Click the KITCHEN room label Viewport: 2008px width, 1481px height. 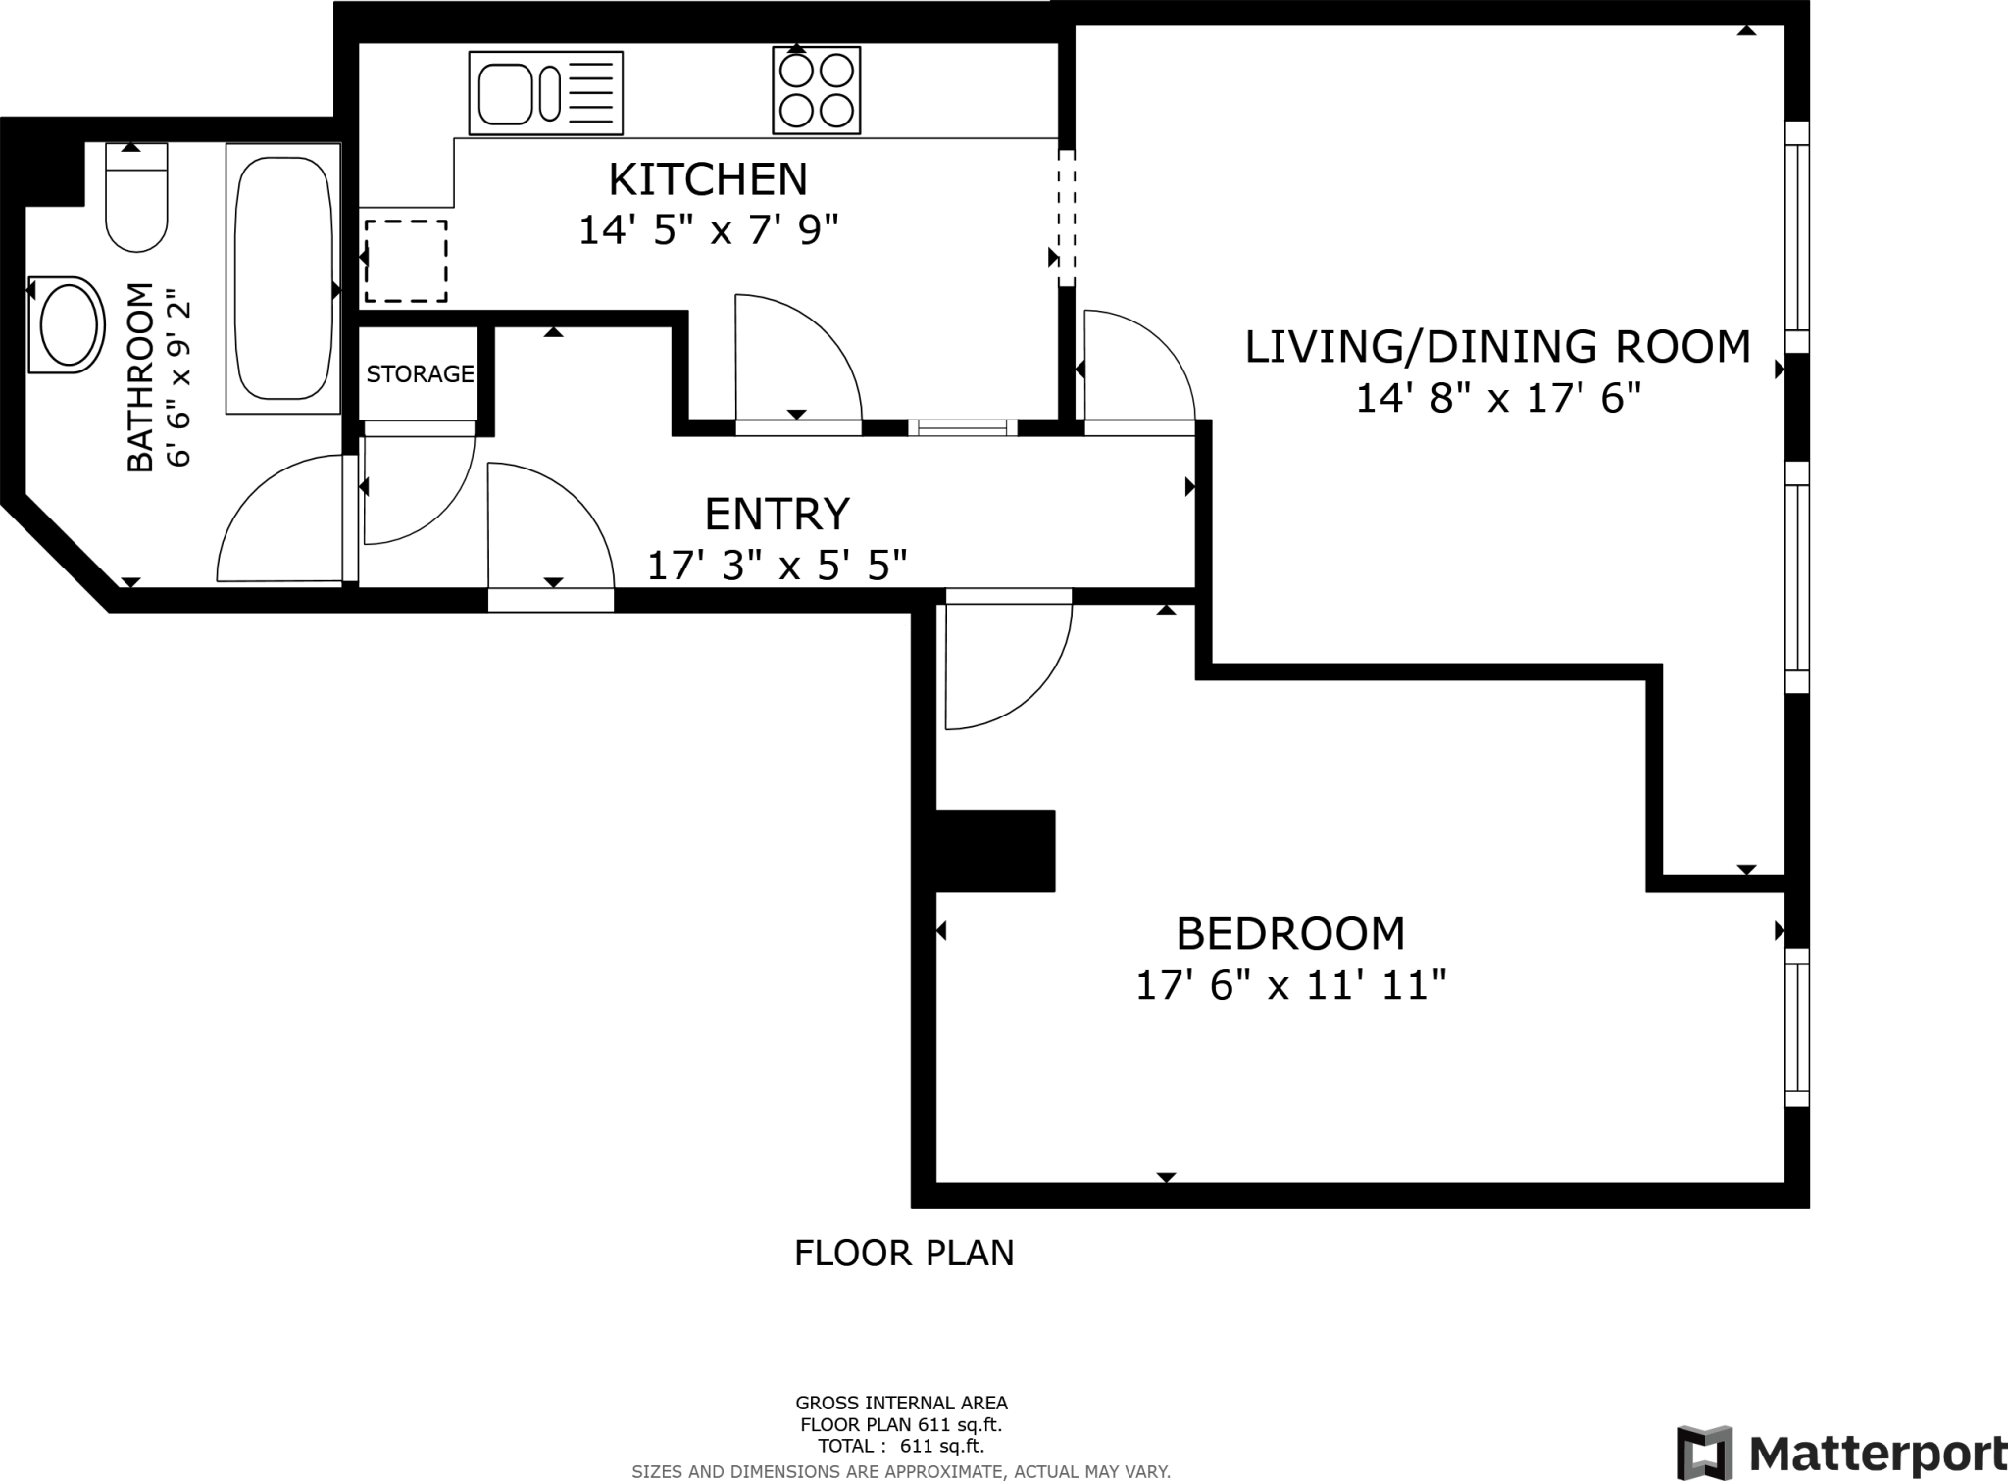click(708, 179)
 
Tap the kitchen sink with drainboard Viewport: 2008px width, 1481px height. click(546, 93)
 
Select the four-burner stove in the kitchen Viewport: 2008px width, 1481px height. click(816, 90)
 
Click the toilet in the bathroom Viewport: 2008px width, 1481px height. click(136, 199)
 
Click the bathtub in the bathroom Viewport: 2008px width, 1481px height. click(283, 277)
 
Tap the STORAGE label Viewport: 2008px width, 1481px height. click(420, 373)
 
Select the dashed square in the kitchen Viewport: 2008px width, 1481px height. click(406, 262)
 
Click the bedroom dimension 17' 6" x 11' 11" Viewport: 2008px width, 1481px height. click(1290, 985)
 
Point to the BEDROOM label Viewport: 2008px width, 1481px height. click(1290, 933)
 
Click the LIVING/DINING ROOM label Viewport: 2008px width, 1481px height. click(1497, 347)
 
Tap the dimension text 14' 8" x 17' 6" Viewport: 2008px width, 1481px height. click(1497, 399)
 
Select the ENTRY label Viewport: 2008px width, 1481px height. click(777, 514)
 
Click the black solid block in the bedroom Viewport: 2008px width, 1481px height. click(994, 850)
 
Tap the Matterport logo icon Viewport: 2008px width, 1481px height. click(1704, 1453)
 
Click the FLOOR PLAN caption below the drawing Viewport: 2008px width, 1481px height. click(904, 1253)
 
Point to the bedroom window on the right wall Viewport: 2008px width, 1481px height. click(1796, 1026)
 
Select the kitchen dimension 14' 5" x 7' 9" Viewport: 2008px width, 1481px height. click(708, 231)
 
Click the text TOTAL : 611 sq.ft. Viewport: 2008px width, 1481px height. click(901, 1446)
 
